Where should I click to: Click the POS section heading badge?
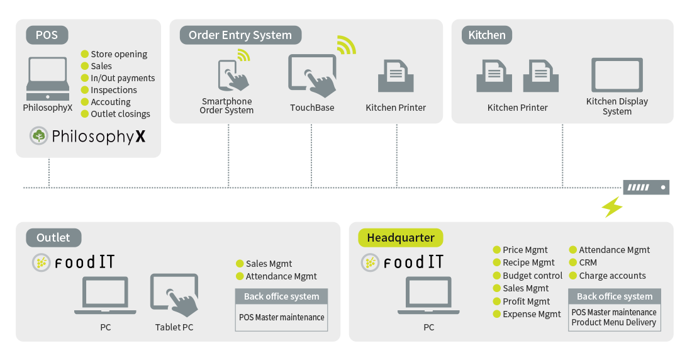coord(47,35)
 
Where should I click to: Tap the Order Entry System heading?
coord(240,35)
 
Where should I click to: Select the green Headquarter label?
coord(401,237)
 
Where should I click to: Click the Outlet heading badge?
coord(53,237)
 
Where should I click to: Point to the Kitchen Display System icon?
coord(617,75)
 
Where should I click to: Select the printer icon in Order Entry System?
coord(395,76)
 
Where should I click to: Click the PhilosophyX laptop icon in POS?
coord(48,78)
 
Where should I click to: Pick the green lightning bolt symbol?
coord(612,206)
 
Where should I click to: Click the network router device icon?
coord(646,187)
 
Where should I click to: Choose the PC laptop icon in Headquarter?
coord(428,295)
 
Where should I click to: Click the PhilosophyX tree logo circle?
coord(39,135)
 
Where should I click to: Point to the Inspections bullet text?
coord(113,90)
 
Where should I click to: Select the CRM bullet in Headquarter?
coord(588,262)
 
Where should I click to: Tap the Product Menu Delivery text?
coord(613,322)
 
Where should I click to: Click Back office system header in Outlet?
coord(281,296)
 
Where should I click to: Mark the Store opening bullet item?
coord(118,54)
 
